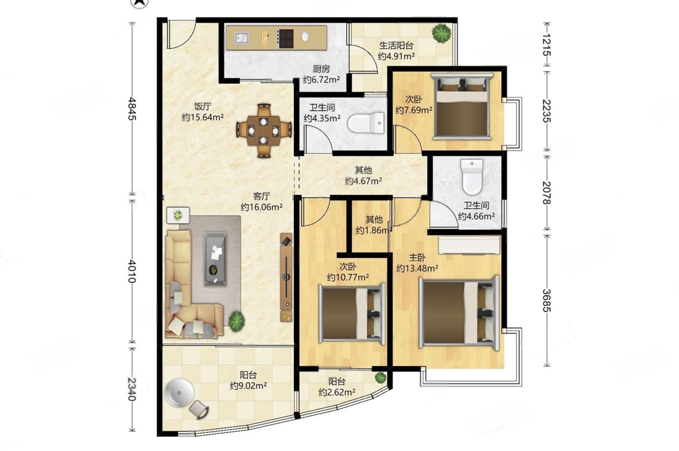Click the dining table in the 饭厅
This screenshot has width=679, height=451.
pos(264,131)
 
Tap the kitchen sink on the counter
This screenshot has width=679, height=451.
pos(242,38)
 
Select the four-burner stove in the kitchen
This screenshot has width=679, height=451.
pos(286,39)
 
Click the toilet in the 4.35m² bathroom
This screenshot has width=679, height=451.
pos(366,123)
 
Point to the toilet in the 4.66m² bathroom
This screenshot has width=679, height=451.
pos(472,177)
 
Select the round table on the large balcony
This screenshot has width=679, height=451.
pos(179,393)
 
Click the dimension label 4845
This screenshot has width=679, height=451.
pos(131,109)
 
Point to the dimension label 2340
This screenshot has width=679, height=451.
pos(131,389)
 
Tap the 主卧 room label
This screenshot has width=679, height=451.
pos(417,258)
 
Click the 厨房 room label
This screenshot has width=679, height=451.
pos(321,69)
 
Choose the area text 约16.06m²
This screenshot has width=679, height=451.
pos(262,207)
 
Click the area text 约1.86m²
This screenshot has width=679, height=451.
pos(374,231)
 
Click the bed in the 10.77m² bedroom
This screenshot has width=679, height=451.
pos(352,313)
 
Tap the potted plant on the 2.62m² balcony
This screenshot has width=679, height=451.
pos(380,377)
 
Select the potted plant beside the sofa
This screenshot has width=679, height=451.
pos(236,321)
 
